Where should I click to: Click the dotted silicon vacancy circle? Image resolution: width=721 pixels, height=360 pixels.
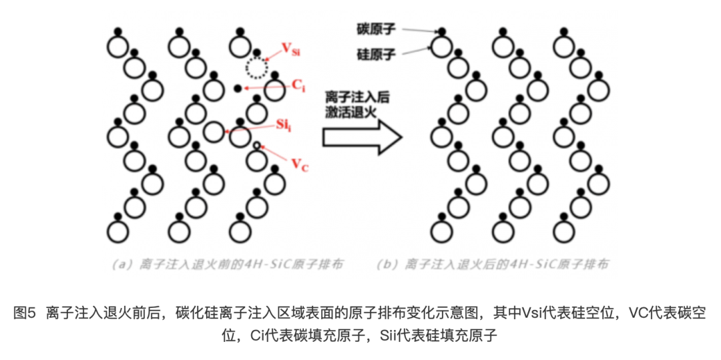click(256, 67)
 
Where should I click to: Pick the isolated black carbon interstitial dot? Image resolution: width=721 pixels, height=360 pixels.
click(236, 88)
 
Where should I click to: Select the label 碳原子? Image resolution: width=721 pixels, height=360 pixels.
click(378, 28)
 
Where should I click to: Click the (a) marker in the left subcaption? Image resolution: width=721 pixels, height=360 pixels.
click(124, 264)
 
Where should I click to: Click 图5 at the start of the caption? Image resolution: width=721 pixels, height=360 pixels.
click(24, 312)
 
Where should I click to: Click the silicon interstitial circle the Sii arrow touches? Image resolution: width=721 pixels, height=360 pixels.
click(213, 132)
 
